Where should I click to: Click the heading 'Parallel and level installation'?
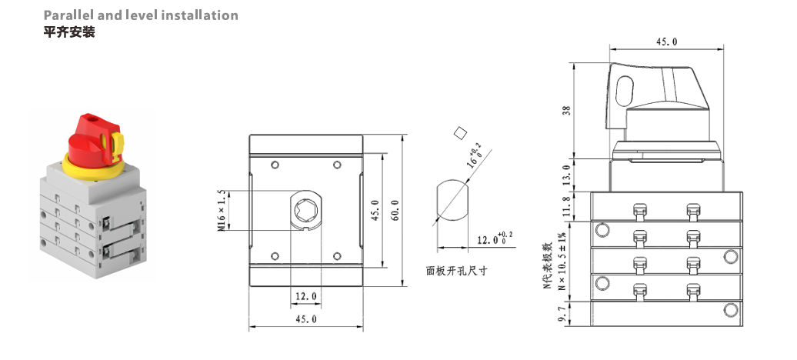pyautogui.click(x=141, y=15)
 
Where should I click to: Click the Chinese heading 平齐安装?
pyautogui.click(x=69, y=32)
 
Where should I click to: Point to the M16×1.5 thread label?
pyautogui.click(x=221, y=209)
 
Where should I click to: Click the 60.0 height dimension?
pyautogui.click(x=395, y=209)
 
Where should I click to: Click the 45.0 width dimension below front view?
pyautogui.click(x=306, y=319)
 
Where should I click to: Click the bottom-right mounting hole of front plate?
pyautogui.click(x=336, y=255)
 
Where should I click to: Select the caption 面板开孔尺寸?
pyautogui.click(x=457, y=271)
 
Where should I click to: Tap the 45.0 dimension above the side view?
pyautogui.click(x=666, y=42)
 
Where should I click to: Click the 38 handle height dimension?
pyautogui.click(x=567, y=110)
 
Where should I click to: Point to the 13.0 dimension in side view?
pyautogui.click(x=567, y=175)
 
